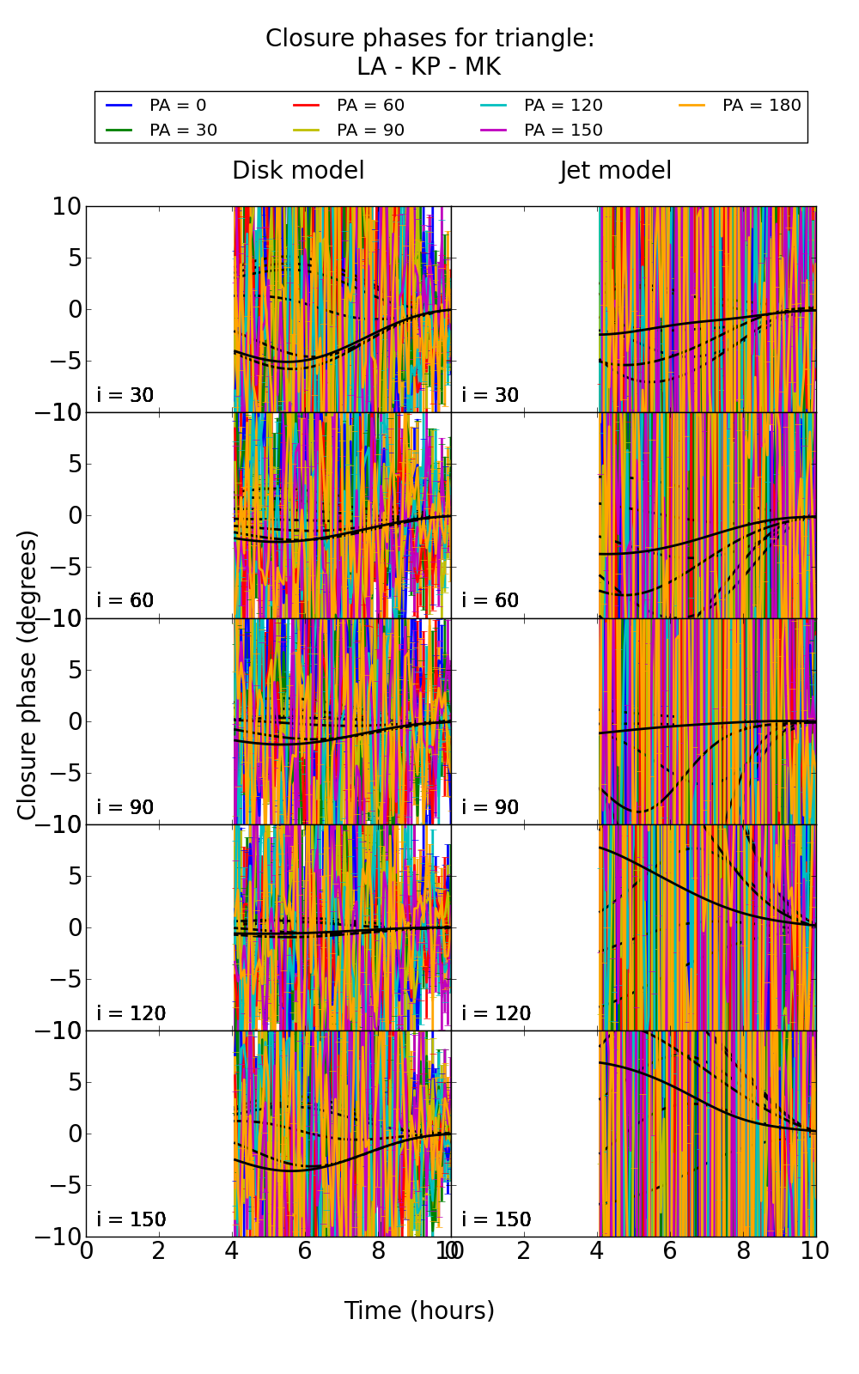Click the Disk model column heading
point(298,170)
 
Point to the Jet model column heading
point(615,170)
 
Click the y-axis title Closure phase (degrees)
point(27,675)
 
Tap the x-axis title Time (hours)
point(419,1310)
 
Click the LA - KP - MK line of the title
point(429,67)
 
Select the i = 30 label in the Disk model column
point(125,395)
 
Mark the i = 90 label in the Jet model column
point(490,807)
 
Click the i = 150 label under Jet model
point(496,1219)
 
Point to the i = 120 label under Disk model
point(131,1013)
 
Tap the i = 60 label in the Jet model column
point(490,600)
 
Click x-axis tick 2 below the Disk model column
point(159,1251)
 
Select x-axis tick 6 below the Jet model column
point(670,1251)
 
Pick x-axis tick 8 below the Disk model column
point(378,1251)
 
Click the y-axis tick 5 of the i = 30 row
point(72,258)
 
